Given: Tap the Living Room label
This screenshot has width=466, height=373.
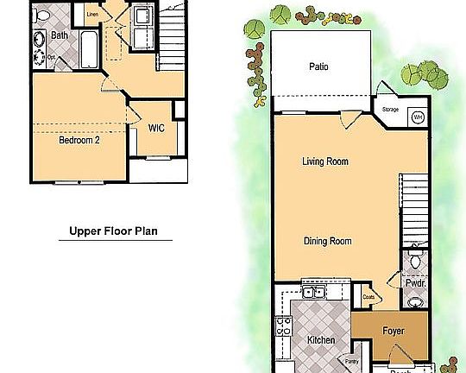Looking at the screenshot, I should [325, 161].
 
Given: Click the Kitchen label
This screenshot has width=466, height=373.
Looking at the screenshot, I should [321, 340].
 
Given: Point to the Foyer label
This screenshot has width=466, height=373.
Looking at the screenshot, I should [393, 329].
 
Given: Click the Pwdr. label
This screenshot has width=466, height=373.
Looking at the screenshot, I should [414, 282].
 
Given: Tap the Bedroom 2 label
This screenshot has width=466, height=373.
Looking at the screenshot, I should [79, 141].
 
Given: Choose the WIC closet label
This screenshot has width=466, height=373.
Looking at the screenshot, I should [156, 129].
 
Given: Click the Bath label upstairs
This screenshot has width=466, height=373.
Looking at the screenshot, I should [60, 35].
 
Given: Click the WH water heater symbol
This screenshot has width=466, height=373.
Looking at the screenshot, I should [417, 117].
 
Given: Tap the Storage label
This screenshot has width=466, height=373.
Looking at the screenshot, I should [390, 110].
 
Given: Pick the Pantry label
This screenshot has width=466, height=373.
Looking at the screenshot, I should [351, 361].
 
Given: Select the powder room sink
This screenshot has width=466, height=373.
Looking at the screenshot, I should [415, 301].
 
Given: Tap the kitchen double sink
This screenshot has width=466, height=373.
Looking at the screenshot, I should [312, 292].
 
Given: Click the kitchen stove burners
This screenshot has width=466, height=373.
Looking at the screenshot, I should [282, 326].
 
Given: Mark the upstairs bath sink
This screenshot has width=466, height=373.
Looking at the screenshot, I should [39, 40].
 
